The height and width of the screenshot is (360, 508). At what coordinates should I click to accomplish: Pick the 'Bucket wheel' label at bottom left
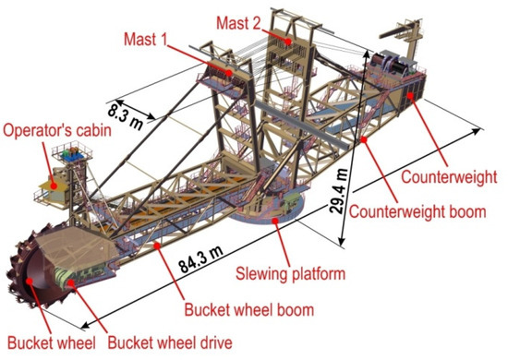pos(42,343)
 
